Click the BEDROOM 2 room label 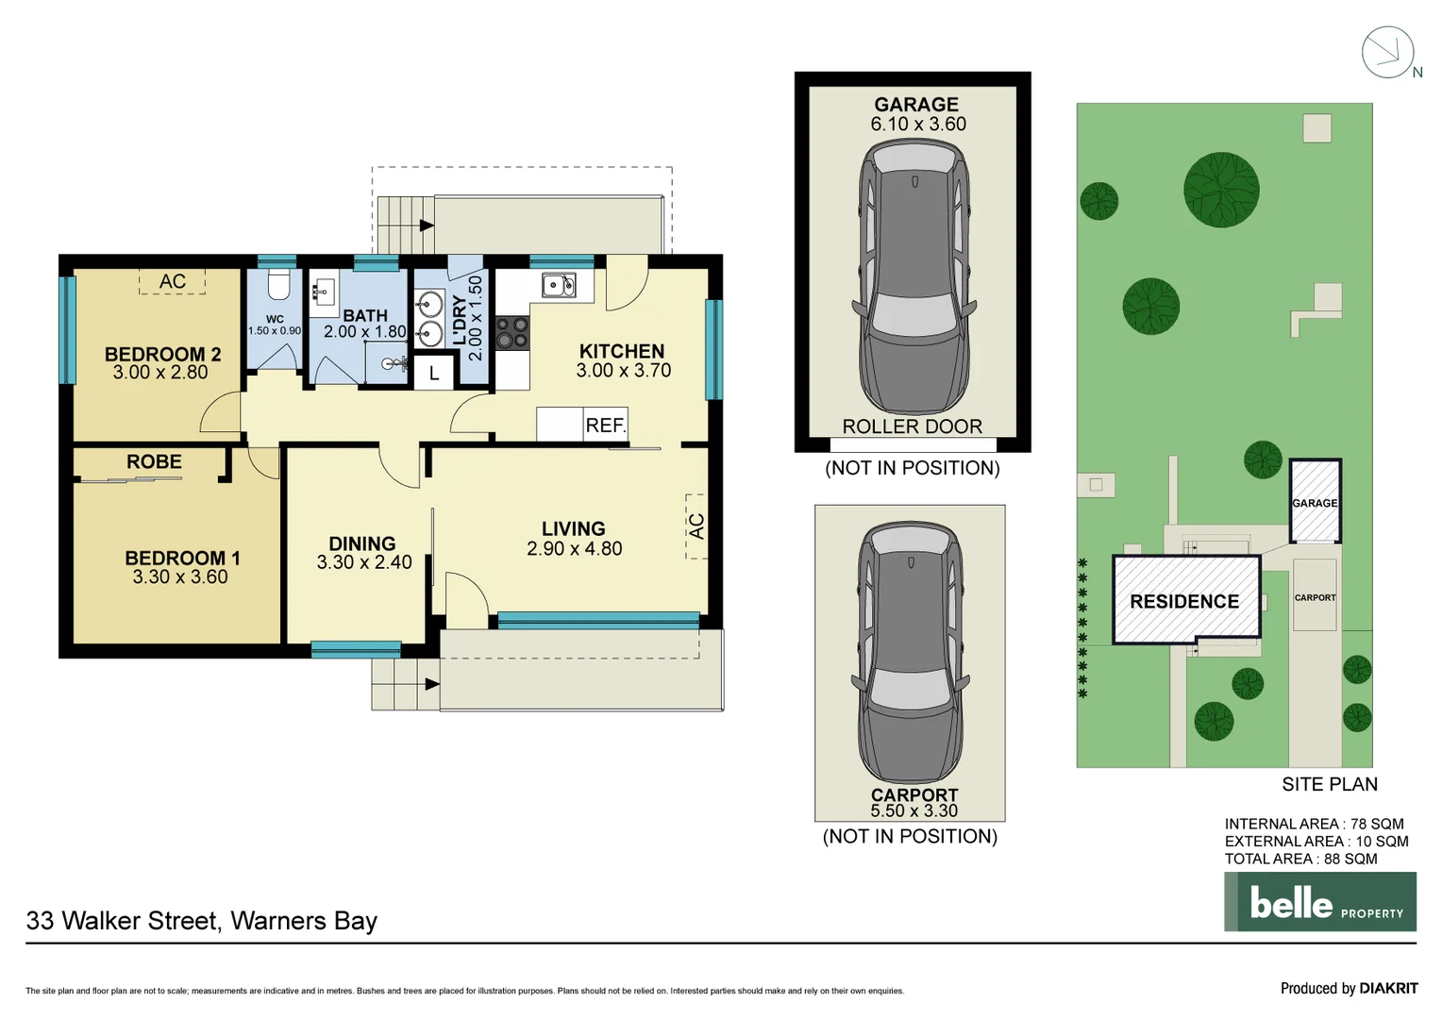(x=162, y=355)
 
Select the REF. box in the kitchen (x=605, y=425)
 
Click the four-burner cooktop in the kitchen (x=512, y=333)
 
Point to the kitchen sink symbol (x=558, y=284)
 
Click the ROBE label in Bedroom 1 (x=154, y=462)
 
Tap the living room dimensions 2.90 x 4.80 (x=574, y=549)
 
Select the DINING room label (x=362, y=543)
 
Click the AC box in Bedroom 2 (x=172, y=281)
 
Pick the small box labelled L (x=434, y=373)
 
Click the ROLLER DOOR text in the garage (x=912, y=426)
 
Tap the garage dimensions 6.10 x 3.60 (x=917, y=125)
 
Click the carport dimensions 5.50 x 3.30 (x=914, y=810)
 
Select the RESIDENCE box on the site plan (x=1185, y=601)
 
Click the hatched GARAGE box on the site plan (x=1315, y=501)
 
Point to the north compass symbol (x=1387, y=53)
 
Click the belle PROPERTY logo (x=1319, y=902)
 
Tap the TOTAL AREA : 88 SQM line (x=1300, y=859)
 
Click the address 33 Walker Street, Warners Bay (x=202, y=921)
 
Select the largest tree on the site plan (x=1221, y=190)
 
